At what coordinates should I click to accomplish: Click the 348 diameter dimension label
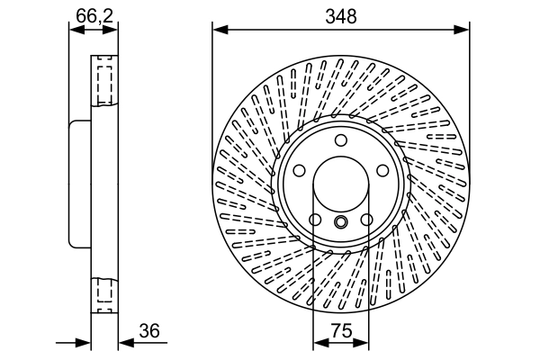[x=341, y=15]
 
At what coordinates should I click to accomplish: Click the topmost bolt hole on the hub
[x=341, y=140]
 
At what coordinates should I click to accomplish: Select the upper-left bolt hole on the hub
[x=301, y=169]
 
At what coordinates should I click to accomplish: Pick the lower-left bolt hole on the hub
[x=315, y=220]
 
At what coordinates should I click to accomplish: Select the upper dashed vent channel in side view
[x=103, y=82]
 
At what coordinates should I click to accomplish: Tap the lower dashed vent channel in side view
[x=103, y=292]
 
